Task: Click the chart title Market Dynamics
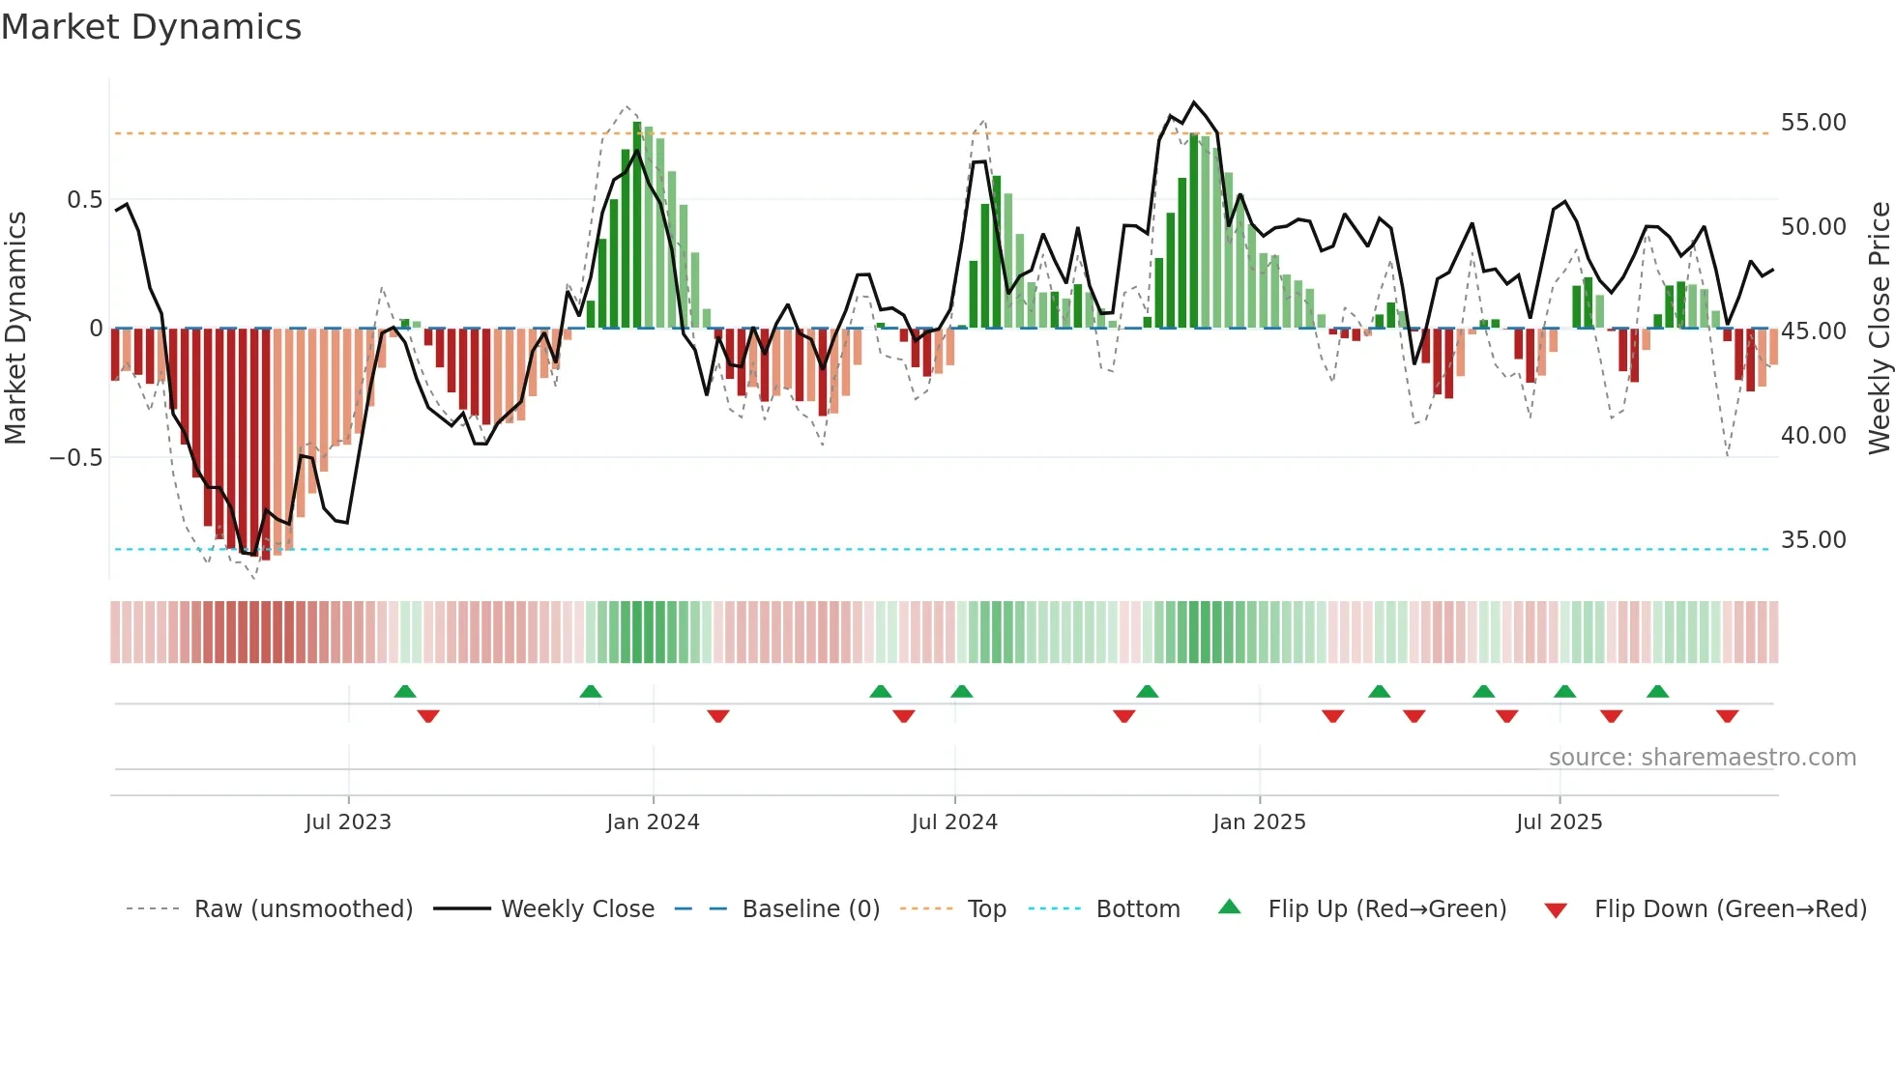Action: pos(151,27)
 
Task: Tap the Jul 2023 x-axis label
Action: pos(348,822)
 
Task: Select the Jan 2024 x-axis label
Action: pos(653,822)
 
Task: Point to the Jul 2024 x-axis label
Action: pos(954,822)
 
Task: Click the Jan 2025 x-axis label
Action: pos(1259,822)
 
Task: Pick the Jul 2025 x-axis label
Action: pos(1559,822)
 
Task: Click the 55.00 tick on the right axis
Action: pos(1813,123)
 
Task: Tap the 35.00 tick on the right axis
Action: pos(1813,540)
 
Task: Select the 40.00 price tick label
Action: pos(1813,436)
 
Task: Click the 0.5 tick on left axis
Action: pos(84,200)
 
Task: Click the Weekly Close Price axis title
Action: pos(1879,328)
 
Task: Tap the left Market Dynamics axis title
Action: pos(15,328)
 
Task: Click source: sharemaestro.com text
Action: pos(1702,758)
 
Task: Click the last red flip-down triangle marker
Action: pos(1727,716)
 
